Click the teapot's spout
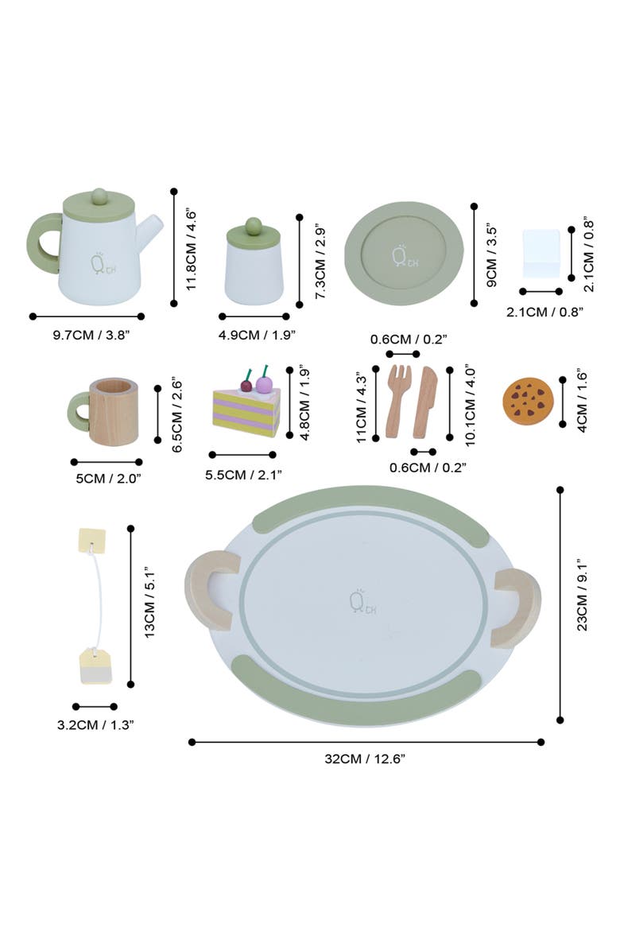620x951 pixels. click(x=151, y=230)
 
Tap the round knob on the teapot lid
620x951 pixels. click(x=99, y=195)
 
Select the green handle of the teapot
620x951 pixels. click(x=43, y=243)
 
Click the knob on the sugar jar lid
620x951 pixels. click(x=253, y=225)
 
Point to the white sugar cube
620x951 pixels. click(x=541, y=253)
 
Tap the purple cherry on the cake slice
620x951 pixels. click(x=264, y=384)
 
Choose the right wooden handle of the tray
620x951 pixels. click(x=517, y=607)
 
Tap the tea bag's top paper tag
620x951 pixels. click(x=91, y=541)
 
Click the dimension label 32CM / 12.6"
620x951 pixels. click(x=366, y=759)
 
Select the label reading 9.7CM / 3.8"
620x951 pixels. click(x=91, y=335)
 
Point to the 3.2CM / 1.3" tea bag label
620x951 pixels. click(x=95, y=724)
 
